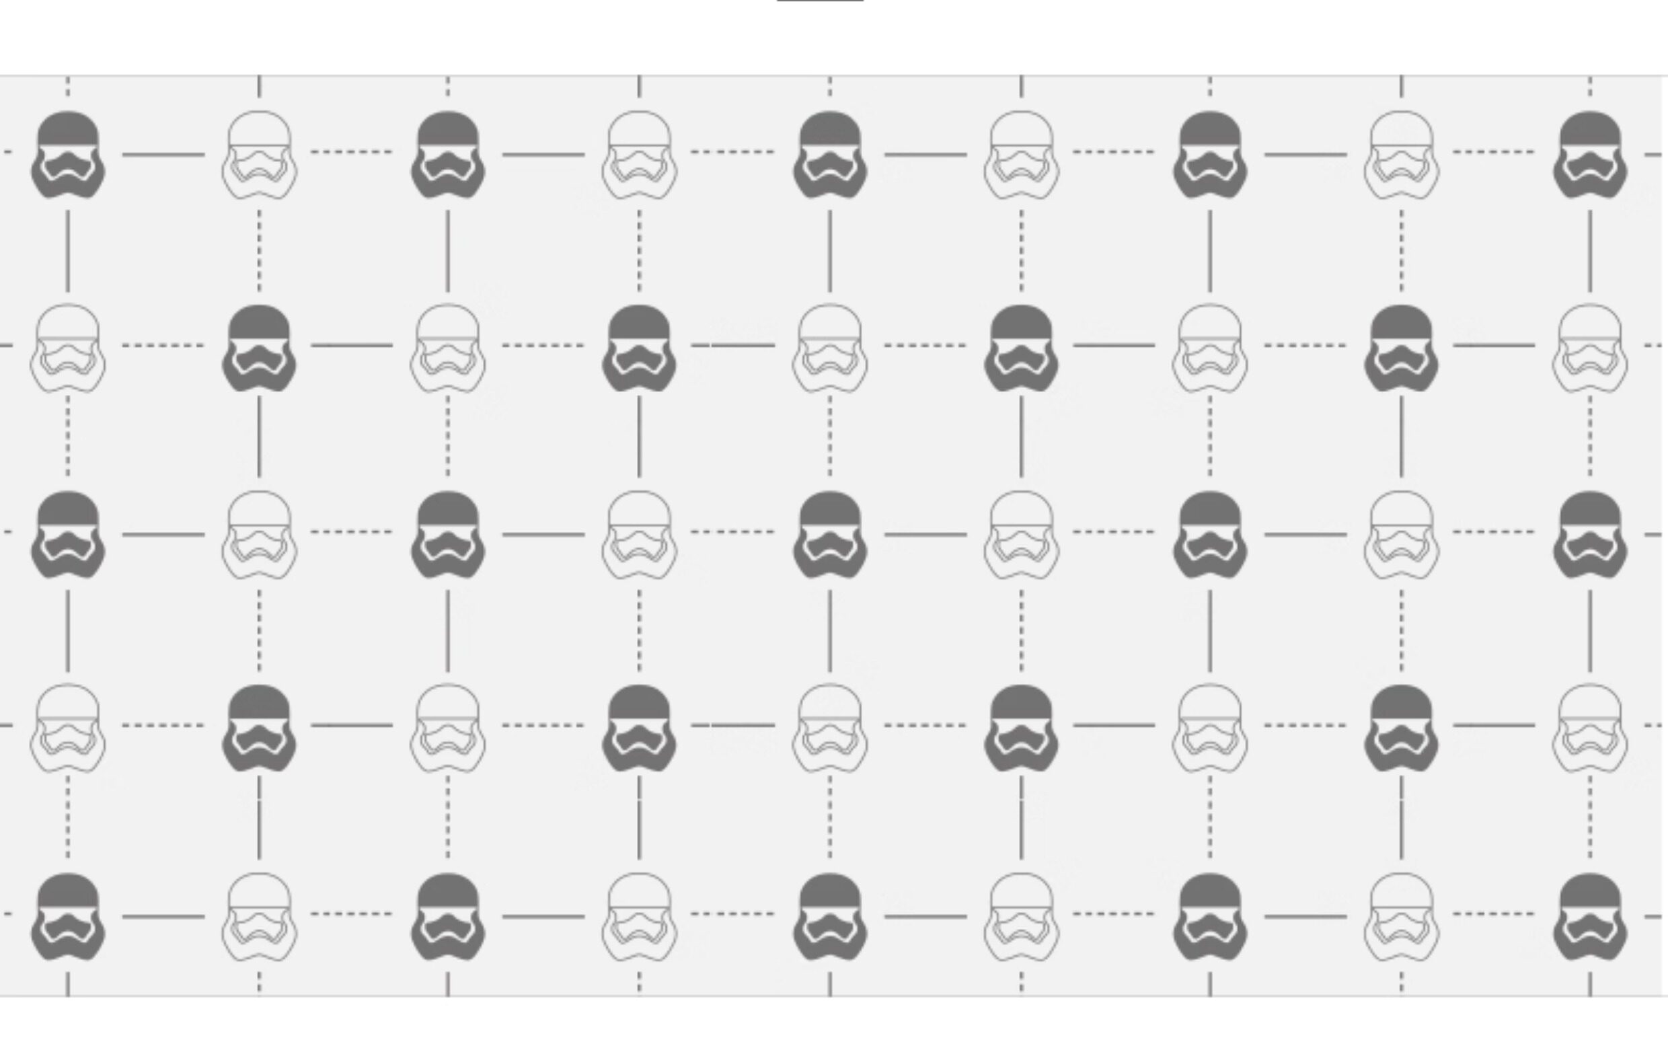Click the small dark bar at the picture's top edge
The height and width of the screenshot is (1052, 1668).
(820, 1)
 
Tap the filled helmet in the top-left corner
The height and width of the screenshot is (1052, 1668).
(68, 155)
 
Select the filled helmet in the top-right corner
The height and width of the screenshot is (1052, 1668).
(1591, 155)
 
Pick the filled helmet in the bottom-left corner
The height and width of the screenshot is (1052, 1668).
(68, 916)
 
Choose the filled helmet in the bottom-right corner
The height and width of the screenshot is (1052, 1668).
(1591, 916)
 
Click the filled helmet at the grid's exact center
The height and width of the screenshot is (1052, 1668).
(830, 535)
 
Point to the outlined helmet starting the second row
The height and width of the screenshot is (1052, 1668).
(68, 348)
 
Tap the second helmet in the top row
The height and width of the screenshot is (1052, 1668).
(259, 155)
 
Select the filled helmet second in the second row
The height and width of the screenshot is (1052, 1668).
(259, 348)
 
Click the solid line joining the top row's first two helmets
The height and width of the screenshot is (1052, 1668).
(163, 155)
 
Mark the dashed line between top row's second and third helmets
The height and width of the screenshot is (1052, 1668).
(351, 151)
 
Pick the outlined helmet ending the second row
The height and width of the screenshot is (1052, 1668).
(1591, 348)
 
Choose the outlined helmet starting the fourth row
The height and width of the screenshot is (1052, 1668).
(68, 728)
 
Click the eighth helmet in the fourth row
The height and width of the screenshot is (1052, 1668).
(1401, 728)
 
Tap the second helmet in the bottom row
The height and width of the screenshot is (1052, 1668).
(259, 916)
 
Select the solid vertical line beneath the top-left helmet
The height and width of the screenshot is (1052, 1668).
(68, 251)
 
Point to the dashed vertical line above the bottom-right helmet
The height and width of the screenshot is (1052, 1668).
(1591, 817)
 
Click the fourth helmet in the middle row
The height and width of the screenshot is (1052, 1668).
(640, 535)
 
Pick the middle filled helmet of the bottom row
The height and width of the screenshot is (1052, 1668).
(830, 916)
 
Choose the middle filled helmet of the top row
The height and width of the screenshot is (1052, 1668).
(830, 155)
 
